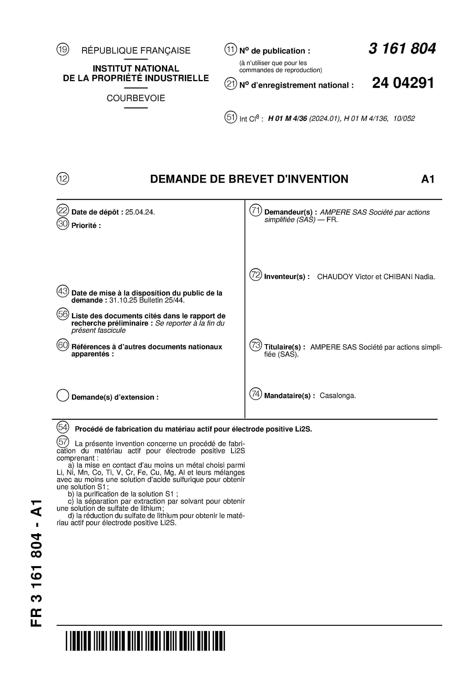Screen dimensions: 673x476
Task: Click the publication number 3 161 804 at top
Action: click(402, 49)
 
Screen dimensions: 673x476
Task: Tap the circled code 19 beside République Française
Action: click(63, 49)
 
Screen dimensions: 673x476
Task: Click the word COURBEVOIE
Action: click(136, 98)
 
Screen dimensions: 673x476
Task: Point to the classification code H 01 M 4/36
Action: click(287, 118)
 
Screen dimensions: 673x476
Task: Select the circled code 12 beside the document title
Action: click(63, 179)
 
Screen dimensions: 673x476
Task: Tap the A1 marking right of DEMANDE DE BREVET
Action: click(428, 179)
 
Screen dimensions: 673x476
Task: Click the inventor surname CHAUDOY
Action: click(335, 277)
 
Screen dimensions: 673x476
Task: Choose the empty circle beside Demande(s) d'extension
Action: click(63, 395)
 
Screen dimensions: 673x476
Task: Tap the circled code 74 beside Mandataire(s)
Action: click(255, 394)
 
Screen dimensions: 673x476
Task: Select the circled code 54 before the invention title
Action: click(63, 427)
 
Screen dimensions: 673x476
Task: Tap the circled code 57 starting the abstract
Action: click(63, 441)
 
